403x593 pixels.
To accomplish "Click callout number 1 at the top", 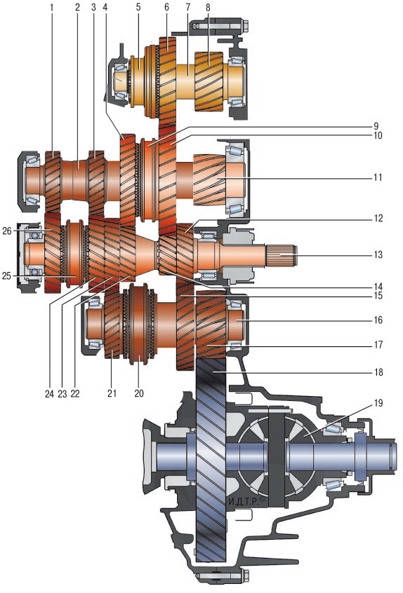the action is coord(51,7).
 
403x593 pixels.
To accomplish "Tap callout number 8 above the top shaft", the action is coord(208,7).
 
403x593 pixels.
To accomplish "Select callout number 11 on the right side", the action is coord(378,177).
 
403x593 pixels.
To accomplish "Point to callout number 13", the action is coord(378,254).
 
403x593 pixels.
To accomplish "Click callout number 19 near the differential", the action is coord(378,403).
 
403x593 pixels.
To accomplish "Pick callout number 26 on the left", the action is coord(7,231).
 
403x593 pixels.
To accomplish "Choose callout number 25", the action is coord(6,276).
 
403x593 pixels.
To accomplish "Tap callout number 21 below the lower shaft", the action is coord(112,393).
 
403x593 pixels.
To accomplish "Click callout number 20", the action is coord(139,393).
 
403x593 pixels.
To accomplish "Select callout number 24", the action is coord(49,394).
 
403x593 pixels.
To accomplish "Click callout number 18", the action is coord(378,372).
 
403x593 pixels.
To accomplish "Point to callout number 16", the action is coord(378,320).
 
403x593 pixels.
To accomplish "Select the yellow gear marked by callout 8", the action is coord(209,82).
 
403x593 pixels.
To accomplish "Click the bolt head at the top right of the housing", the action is coord(244,25).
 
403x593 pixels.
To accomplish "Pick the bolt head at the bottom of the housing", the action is coord(245,576).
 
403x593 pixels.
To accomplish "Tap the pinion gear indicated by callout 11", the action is coord(209,179).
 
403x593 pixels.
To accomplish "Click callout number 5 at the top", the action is coord(138,7).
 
